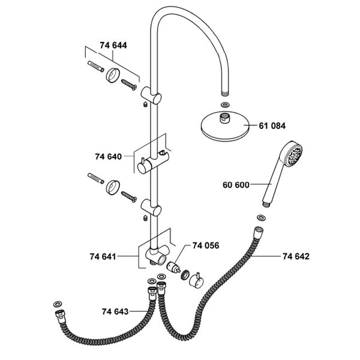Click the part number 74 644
[113, 45]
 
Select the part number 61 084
[272, 126]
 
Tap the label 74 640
[108, 157]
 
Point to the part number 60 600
[236, 185]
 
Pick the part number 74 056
[205, 245]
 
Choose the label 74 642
[296, 257]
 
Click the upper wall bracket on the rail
[151, 95]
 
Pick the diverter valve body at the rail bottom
[157, 256]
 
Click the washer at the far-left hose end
[58, 303]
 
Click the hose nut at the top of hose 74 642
[258, 232]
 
